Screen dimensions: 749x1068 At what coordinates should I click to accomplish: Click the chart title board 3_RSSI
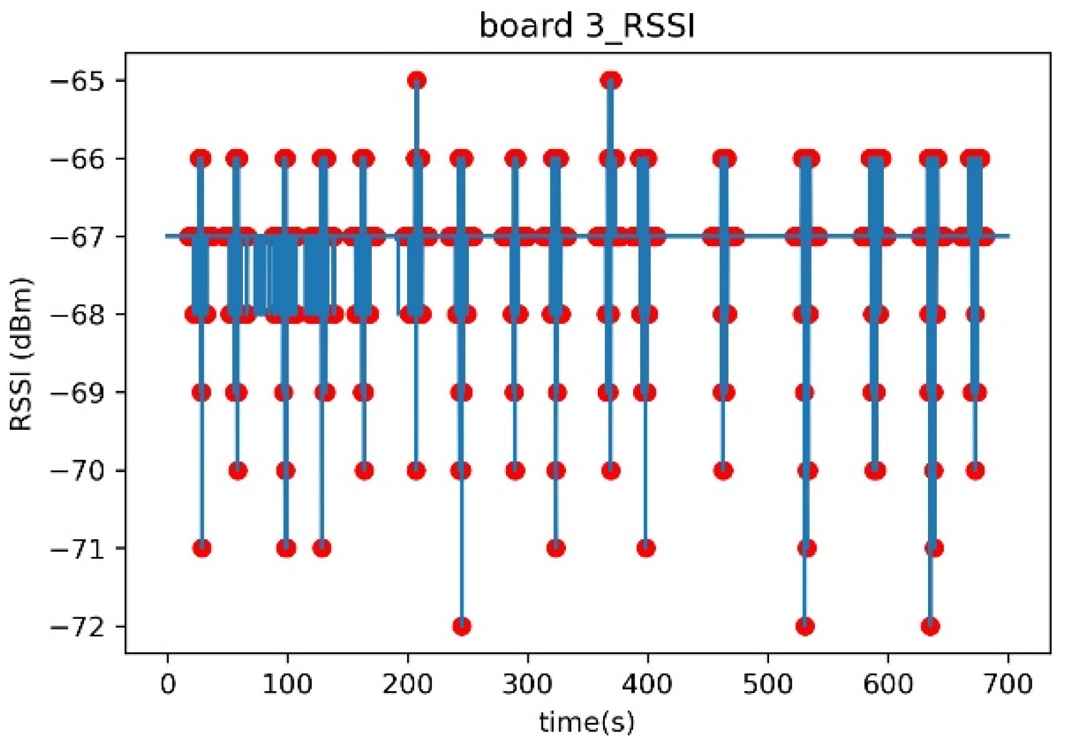587,27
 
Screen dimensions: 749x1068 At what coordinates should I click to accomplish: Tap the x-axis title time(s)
587,722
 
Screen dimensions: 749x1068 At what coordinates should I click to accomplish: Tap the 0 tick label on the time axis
167,685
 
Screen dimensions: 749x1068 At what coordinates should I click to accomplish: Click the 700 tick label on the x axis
1009,685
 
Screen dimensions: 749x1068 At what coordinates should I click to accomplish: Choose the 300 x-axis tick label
527,685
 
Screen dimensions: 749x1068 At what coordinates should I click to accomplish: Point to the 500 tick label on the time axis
768,685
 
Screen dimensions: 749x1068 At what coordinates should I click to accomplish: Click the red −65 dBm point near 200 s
417,81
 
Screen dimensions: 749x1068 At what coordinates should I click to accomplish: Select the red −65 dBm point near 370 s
611,81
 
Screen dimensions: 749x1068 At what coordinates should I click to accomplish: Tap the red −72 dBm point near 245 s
462,627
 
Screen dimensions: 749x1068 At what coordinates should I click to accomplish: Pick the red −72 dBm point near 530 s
805,627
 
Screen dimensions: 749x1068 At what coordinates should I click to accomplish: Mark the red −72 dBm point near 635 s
931,627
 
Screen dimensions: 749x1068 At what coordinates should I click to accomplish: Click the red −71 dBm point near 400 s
646,548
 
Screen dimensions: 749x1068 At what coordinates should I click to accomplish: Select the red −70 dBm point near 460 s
723,470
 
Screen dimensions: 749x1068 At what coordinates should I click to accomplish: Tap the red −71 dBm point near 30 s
202,548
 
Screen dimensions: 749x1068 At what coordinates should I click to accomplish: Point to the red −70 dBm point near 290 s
515,470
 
